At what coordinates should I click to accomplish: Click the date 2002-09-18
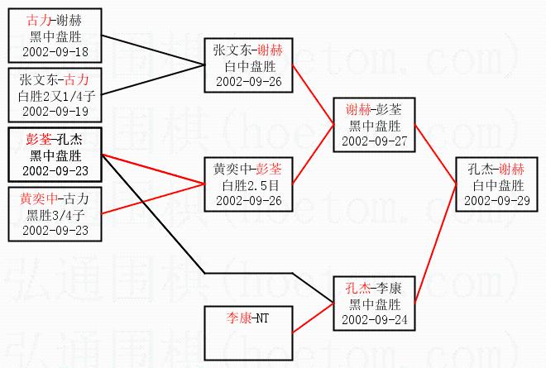coord(53,52)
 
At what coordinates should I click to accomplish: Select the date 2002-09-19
coord(53,110)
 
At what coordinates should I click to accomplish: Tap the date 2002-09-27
coord(367,141)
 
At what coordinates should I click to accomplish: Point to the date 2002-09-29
coord(495,199)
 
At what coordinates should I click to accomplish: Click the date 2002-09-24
coord(369,319)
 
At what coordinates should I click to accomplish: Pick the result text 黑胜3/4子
coord(53,215)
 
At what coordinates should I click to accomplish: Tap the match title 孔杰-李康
coord(369,289)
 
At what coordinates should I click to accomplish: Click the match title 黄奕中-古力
coord(53,199)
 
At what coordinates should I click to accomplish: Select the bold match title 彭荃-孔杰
coord(53,139)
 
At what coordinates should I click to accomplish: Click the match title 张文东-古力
coord(53,80)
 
